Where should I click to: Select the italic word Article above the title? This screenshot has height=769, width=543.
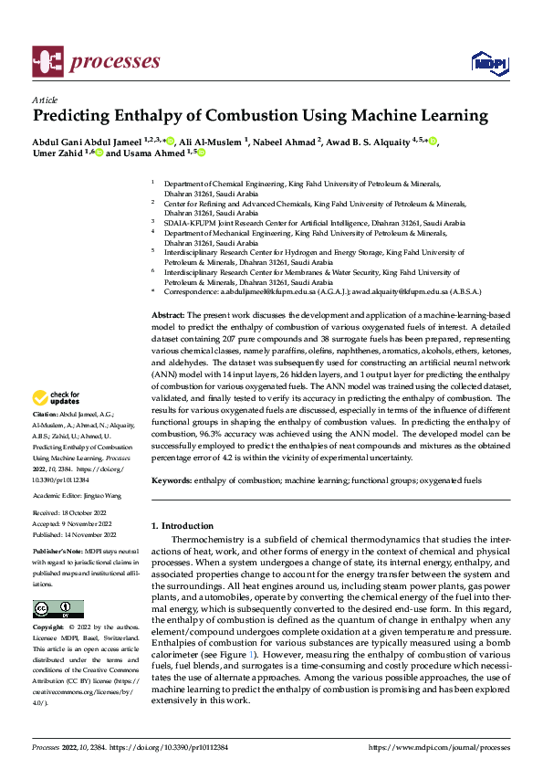[x=45, y=100]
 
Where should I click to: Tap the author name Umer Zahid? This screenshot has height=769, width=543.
[x=57, y=154]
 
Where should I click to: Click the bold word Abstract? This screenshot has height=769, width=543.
[x=169, y=313]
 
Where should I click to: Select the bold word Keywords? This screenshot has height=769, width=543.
[x=172, y=479]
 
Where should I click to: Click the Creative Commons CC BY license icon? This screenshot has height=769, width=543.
[x=57, y=608]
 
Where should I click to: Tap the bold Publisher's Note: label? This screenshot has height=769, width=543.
[x=56, y=553]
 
